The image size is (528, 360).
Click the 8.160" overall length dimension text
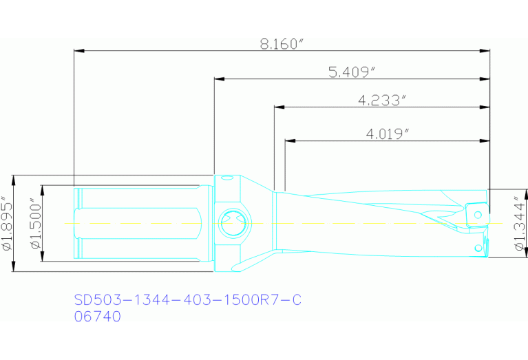click(282, 43)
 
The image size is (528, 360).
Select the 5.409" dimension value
click(351, 71)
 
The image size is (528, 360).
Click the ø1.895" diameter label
click(8, 223)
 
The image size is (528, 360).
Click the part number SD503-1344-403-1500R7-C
click(187, 300)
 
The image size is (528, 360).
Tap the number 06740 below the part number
click(97, 317)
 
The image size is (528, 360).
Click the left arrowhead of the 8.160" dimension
click(78, 50)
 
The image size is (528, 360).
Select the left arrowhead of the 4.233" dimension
click(279, 107)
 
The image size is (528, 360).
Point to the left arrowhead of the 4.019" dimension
click(290, 140)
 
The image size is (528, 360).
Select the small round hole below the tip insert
click(477, 247)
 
